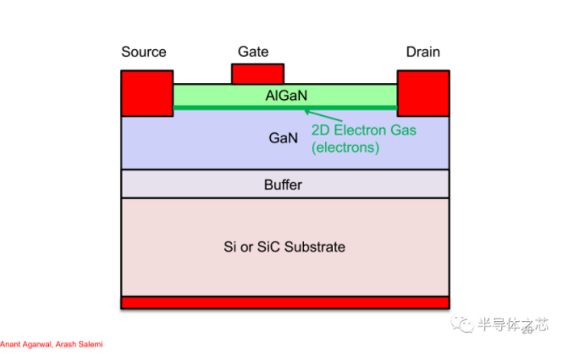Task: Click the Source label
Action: [144, 53]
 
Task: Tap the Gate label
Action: [253, 52]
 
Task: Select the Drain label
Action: [423, 53]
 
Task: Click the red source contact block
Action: [146, 92]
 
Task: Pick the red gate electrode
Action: [257, 74]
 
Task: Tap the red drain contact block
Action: [422, 92]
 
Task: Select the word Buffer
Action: [283, 184]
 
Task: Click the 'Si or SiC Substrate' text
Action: [284, 246]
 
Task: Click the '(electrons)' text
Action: [345, 147]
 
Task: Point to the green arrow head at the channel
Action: [308, 111]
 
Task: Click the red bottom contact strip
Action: [284, 302]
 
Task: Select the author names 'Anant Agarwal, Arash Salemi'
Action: [52, 344]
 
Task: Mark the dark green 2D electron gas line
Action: [254, 108]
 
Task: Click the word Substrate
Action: [317, 246]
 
